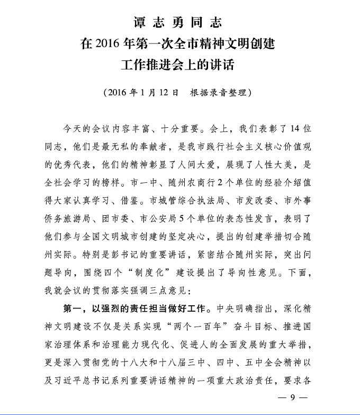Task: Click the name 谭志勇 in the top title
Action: pos(156,22)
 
